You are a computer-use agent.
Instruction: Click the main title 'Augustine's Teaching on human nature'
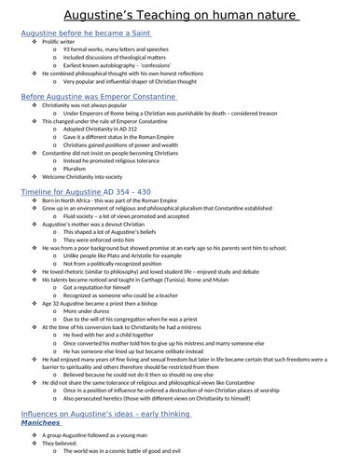(179, 12)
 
